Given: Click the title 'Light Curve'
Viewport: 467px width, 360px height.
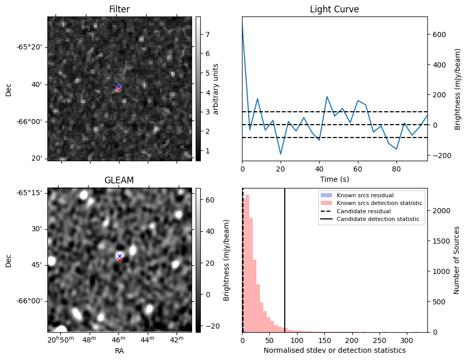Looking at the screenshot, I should pos(334,9).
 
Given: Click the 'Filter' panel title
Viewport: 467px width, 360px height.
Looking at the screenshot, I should pos(119,9).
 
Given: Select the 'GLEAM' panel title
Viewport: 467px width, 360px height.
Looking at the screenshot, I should pos(119,180).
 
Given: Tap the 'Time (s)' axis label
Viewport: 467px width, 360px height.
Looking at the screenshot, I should pos(334,178).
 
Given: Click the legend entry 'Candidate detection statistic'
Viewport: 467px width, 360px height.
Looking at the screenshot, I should pos(377,219).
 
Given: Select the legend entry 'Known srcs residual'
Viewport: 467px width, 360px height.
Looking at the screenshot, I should pos(365,195).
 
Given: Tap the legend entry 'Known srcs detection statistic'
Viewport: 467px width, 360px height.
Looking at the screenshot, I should pos(379,203).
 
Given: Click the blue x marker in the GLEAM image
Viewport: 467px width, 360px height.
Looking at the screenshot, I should pos(119,256).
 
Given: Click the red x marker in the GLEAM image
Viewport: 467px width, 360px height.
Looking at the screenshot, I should pos(119,260).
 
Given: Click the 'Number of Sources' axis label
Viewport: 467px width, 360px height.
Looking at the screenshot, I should pos(457,260).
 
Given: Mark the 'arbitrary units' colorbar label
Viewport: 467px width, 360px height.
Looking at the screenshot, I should pos(216,89).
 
